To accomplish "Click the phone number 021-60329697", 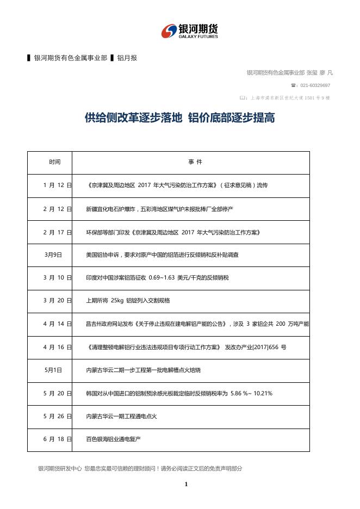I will click(x=313, y=85).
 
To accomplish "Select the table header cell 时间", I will click(x=54, y=162).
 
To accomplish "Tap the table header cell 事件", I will click(x=195, y=162).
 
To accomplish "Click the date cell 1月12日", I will click(x=57, y=185).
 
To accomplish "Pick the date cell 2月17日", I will click(x=57, y=232).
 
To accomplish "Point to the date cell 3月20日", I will click(x=57, y=301).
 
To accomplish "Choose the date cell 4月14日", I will click(x=57, y=324).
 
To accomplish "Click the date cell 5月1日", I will click(x=53, y=370).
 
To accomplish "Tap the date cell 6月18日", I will click(x=57, y=439).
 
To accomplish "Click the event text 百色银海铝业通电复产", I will click(x=113, y=439).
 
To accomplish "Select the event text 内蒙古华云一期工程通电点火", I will click(x=121, y=416).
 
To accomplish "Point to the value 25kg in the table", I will click(x=117, y=301).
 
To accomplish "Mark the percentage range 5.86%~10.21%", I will click(x=251, y=393).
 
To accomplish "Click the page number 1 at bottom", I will click(x=186, y=485).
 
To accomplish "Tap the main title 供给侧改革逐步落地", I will click(x=133, y=117).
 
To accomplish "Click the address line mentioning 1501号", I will click(x=288, y=98).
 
